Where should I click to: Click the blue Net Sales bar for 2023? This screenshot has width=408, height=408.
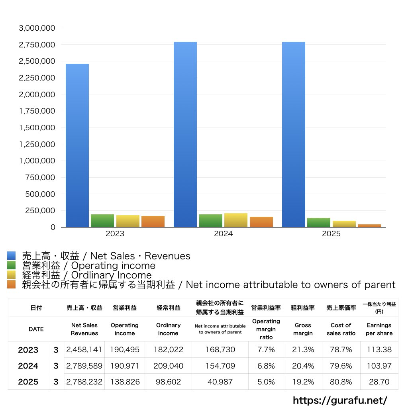(77, 145)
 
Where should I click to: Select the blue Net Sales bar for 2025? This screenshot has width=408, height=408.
(294, 135)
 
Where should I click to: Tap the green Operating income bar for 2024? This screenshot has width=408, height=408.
(211, 221)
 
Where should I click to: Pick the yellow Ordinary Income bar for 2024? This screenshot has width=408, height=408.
(236, 220)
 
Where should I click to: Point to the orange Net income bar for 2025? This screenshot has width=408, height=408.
(369, 226)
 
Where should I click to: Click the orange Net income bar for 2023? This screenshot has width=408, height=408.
(153, 222)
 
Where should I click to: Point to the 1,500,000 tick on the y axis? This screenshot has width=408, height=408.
(37, 128)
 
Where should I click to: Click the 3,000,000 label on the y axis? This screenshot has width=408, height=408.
(37, 28)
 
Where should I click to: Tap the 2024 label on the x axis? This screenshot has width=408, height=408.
(223, 234)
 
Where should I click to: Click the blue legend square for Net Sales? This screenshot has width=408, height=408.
(11, 256)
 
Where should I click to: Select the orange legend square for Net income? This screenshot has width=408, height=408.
(11, 284)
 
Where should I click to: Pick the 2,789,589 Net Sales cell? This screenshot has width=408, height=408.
(84, 366)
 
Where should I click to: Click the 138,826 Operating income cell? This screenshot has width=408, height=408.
(124, 382)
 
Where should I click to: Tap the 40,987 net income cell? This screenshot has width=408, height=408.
(220, 382)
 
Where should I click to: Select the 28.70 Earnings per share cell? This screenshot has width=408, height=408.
(379, 382)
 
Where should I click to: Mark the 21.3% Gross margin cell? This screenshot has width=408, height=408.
(303, 350)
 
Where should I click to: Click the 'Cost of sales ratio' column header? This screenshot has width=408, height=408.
(341, 329)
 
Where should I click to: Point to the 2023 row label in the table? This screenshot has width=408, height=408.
(28, 350)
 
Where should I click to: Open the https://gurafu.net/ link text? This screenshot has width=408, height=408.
(340, 400)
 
